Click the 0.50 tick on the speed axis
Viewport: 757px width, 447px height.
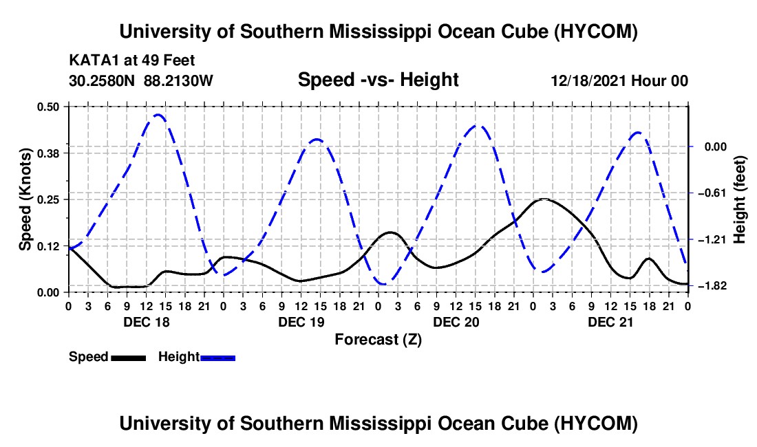(47, 107)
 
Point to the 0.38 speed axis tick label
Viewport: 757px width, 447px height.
(47, 153)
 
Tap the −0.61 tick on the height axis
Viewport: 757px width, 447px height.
(712, 193)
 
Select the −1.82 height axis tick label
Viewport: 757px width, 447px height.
(712, 286)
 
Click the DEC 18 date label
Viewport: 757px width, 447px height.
(147, 322)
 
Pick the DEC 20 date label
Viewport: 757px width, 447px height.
(456, 322)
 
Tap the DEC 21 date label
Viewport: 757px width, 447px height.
(610, 322)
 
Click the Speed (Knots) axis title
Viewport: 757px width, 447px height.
(25, 199)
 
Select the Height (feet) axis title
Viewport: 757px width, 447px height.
(739, 199)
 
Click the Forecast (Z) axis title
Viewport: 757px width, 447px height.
(378, 340)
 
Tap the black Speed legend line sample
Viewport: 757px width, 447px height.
(129, 358)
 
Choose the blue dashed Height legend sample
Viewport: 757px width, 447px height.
(217, 358)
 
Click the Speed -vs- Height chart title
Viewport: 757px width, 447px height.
(378, 80)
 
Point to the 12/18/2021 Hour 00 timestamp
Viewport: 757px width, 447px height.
(619, 80)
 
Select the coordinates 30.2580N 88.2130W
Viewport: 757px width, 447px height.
(140, 80)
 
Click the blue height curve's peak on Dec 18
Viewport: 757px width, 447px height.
(158, 115)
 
